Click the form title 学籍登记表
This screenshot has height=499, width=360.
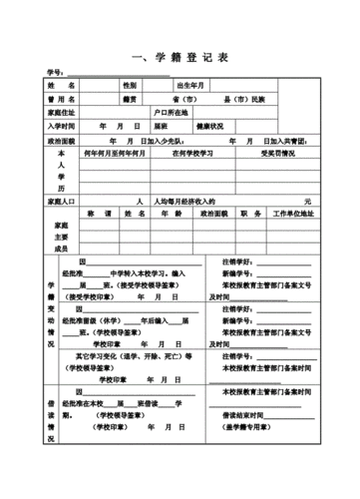[180, 57]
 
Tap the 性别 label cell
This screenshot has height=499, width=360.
[129, 87]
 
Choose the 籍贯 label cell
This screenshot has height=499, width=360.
[129, 100]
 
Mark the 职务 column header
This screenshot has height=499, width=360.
[250, 214]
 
